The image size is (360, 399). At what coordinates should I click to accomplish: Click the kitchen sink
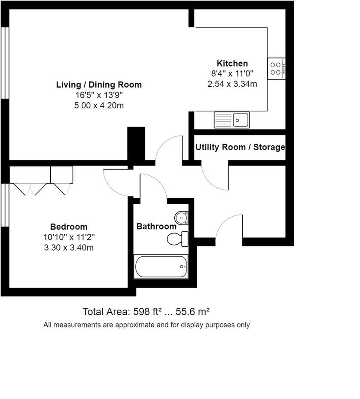[x=232, y=120]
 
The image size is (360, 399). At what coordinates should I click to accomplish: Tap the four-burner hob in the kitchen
[x=276, y=68]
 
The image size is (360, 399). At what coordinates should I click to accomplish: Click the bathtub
[x=161, y=267]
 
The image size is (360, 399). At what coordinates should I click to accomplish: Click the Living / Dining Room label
[x=99, y=85]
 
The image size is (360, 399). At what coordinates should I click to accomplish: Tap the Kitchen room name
[x=232, y=63]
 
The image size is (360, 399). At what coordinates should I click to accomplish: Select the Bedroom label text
[x=69, y=227]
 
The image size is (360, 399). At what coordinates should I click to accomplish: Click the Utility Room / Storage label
[x=240, y=147]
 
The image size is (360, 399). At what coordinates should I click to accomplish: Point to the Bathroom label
[x=156, y=226]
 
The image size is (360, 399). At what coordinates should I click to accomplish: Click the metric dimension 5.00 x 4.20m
[x=99, y=105]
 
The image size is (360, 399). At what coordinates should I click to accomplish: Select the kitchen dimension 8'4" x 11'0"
[x=232, y=74]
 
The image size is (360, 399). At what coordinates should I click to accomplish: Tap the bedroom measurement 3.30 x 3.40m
[x=69, y=247]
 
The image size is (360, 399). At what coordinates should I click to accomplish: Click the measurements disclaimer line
[x=146, y=325]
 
